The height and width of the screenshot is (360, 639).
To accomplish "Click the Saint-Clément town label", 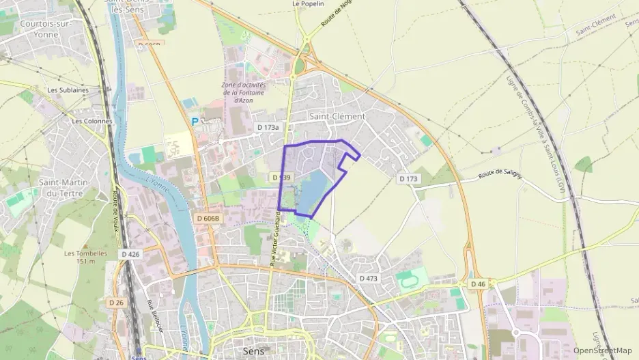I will [x=337, y=116].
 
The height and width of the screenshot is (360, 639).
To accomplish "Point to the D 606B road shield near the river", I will [x=208, y=218].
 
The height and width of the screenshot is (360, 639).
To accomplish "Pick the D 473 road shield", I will [x=368, y=278].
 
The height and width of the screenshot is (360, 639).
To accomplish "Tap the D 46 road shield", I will [x=477, y=283].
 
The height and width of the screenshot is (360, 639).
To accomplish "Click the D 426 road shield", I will [x=130, y=254].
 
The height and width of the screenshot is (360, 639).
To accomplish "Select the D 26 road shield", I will [x=115, y=301].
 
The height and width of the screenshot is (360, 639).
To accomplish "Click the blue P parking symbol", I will [x=195, y=122].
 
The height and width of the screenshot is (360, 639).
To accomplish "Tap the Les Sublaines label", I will [x=68, y=89].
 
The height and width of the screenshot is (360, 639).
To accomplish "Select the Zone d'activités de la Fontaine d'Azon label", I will [x=244, y=93].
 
